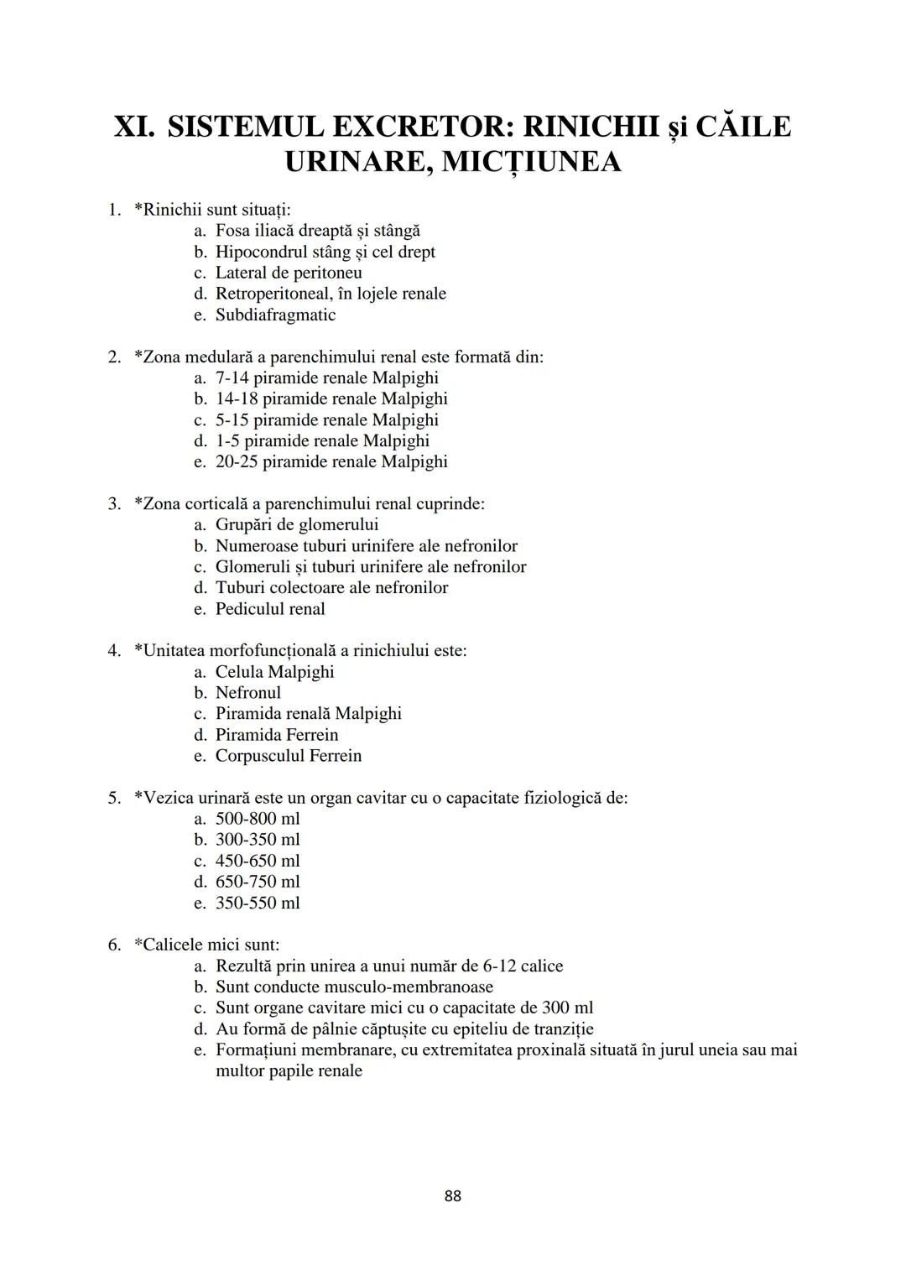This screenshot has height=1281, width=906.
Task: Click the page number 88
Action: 452,1195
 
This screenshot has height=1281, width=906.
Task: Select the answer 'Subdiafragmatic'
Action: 275,315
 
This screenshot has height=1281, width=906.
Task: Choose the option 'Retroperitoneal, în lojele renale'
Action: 331,294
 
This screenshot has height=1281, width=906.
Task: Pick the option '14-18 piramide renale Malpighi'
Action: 331,398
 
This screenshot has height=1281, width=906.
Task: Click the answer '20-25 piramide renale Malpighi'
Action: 331,461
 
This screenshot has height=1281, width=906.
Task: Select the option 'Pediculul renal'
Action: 270,609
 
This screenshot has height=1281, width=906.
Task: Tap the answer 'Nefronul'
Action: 248,693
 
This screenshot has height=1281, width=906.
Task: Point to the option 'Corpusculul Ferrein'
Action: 289,756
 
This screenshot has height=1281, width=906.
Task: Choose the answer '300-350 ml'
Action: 258,840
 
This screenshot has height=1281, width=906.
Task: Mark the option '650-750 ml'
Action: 258,882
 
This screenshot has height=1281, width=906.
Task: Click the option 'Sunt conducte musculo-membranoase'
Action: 354,987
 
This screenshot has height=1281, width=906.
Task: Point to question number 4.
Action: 114,651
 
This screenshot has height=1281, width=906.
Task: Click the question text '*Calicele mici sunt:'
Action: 207,945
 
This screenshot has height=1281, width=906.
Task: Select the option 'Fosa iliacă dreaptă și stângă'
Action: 318,231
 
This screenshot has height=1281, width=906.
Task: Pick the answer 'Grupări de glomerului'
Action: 297,525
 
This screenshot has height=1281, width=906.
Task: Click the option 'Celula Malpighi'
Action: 274,672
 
